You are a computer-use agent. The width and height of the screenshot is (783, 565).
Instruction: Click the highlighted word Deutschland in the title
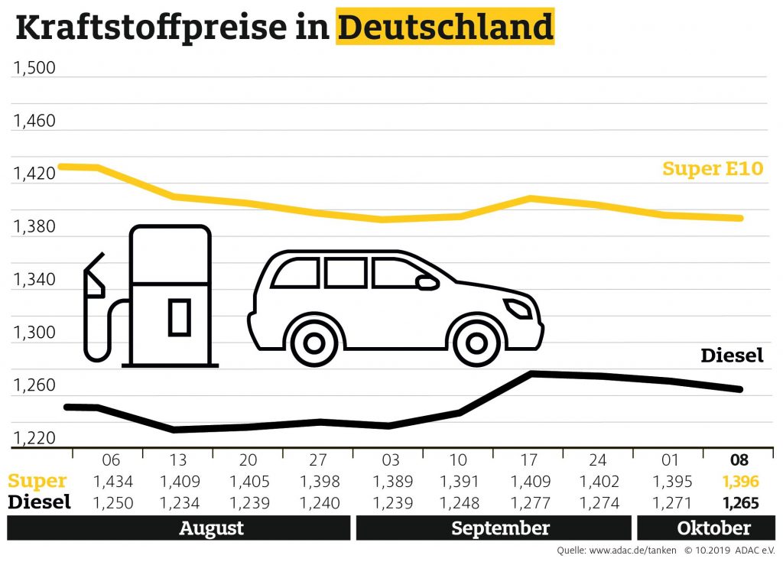(444, 28)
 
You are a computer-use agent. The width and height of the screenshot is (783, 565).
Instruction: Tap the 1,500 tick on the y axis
(34, 69)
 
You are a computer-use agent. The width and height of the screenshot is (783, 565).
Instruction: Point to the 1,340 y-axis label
(34, 280)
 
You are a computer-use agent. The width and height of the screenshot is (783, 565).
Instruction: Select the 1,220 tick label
(34, 439)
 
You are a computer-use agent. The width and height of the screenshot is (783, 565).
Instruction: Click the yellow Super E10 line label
(713, 168)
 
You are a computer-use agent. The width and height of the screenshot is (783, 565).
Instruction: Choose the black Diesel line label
(732, 356)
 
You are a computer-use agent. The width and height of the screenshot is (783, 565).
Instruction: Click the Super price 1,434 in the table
(112, 482)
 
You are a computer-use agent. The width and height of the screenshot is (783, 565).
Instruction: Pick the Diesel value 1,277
(529, 502)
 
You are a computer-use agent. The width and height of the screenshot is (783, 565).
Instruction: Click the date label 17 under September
(529, 460)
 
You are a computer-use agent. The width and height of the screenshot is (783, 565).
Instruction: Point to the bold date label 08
(739, 460)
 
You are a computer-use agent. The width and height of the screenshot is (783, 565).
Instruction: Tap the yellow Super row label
(37, 481)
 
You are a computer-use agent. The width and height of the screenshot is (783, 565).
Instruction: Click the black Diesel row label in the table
(39, 502)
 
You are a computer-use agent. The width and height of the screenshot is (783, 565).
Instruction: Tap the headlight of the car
(518, 309)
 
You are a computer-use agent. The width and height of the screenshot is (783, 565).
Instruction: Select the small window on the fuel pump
(179, 317)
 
